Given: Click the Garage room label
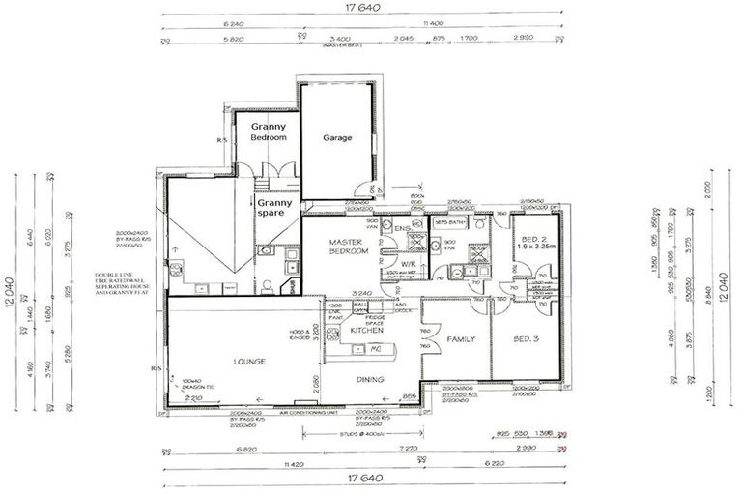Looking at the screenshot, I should click(x=338, y=137).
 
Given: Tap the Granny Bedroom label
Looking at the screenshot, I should click(x=269, y=132).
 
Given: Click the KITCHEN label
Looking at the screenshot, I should click(x=367, y=331).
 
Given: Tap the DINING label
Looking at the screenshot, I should click(x=370, y=379).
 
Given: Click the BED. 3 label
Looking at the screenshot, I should click(x=526, y=338).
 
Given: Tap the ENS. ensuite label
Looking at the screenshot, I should click(x=402, y=228).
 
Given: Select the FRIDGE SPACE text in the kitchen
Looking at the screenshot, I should click(x=376, y=316).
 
